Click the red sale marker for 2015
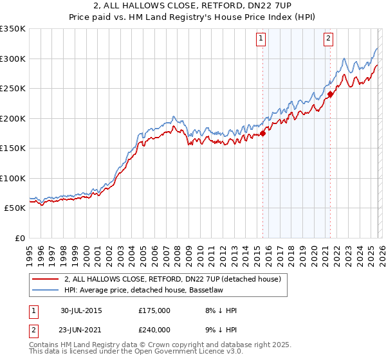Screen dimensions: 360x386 [262, 134]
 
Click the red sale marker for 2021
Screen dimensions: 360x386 [330, 94]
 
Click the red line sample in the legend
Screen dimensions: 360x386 [45, 280]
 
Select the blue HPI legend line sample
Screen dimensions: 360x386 [45, 291]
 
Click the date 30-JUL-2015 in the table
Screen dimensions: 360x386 [81, 310]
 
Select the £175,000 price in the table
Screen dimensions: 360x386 [154, 310]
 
